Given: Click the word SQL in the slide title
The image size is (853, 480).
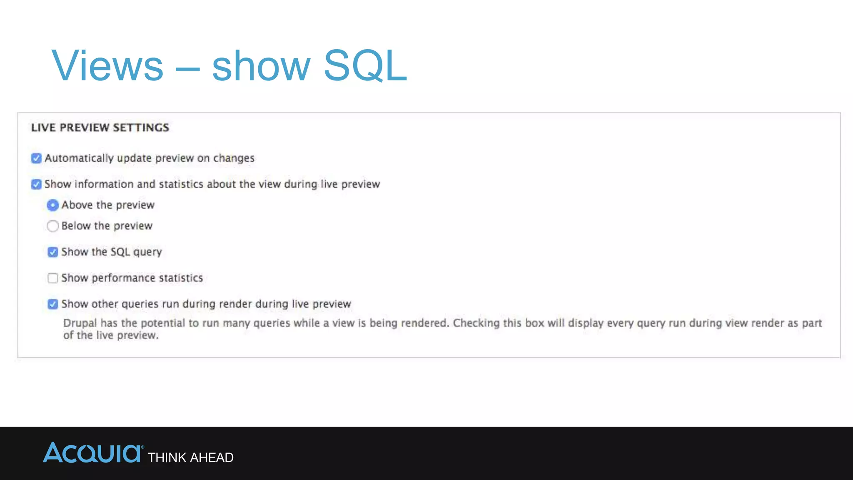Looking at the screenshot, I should tap(365, 66).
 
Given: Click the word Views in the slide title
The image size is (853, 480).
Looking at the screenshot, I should tap(107, 66).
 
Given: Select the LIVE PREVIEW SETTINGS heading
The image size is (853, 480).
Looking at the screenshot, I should tap(100, 127).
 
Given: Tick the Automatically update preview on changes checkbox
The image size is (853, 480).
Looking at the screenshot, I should tap(36, 158).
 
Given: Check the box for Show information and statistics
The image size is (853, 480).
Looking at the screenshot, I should tap(36, 184).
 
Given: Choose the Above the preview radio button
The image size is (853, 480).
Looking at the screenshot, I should tap(52, 205).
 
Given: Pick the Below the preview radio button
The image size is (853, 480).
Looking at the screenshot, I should tap(52, 226).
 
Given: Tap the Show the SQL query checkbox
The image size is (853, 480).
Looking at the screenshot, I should tap(52, 252).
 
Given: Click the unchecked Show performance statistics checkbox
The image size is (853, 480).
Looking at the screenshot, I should tap(52, 278).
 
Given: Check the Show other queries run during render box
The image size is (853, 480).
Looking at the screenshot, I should tap(52, 304).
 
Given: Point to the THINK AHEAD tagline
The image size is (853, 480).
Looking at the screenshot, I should tap(190, 457).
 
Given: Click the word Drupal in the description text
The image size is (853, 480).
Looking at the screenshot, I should tap(80, 323).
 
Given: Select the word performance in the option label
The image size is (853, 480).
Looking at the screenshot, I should tap(118, 278).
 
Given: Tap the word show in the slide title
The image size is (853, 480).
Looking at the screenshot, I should tap(261, 66).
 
